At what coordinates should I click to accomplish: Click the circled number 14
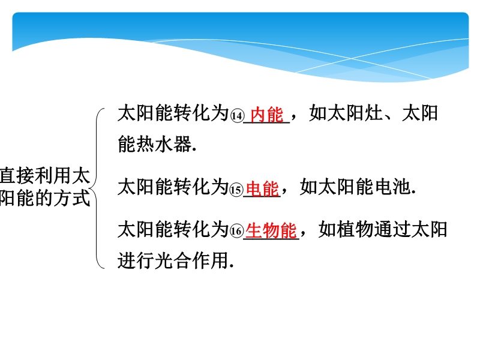click(237, 116)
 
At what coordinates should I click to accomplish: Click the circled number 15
click(236, 190)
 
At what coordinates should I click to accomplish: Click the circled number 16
click(236, 232)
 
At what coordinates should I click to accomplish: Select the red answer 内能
click(267, 115)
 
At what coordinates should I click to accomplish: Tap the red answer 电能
click(263, 188)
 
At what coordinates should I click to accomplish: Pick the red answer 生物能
click(271, 230)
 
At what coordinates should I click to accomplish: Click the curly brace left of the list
click(97, 188)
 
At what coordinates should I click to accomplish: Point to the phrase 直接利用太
click(45, 176)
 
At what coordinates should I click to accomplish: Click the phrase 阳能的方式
click(45, 198)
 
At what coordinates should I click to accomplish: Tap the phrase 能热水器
click(155, 143)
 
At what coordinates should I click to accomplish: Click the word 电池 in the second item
click(393, 187)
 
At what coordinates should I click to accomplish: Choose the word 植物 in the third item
click(355, 229)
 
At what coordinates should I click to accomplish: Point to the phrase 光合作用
click(192, 260)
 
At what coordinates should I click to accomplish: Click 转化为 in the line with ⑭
click(201, 113)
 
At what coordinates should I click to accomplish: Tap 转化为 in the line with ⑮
click(201, 187)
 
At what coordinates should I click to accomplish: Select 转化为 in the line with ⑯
click(201, 229)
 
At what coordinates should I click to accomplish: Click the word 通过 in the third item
click(392, 229)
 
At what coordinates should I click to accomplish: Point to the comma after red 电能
click(284, 191)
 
